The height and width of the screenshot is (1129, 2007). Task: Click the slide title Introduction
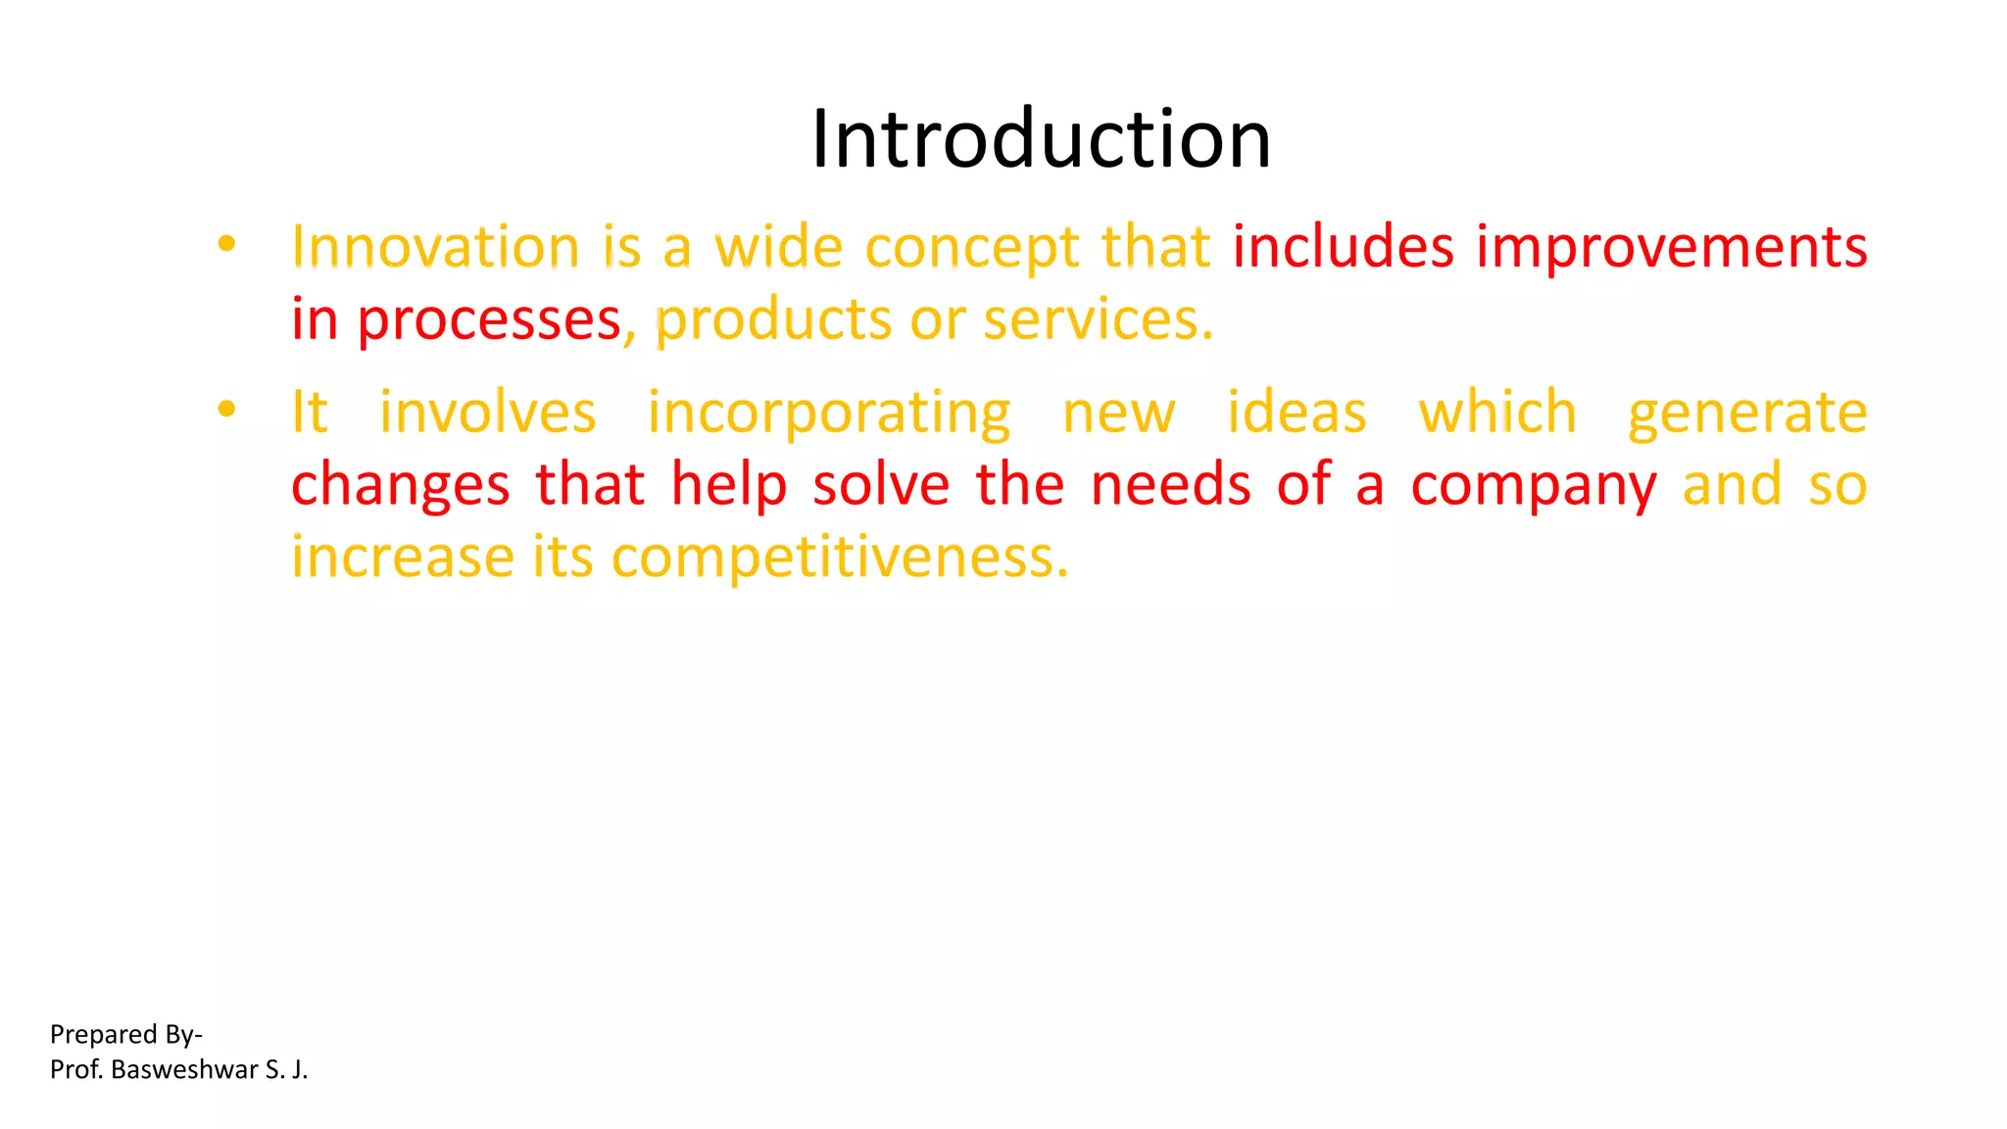(1041, 139)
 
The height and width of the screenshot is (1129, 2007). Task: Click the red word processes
(489, 319)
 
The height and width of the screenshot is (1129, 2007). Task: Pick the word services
(1098, 319)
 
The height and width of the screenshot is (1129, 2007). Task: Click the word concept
(972, 248)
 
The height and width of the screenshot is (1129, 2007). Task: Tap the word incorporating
(829, 414)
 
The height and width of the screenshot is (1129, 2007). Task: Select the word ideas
(1297, 412)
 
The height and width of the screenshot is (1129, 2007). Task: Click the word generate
(1747, 414)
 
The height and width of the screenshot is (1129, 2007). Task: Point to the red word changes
(401, 485)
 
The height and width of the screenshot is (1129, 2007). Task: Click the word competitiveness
(840, 558)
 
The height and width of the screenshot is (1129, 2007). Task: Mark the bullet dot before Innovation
(226, 244)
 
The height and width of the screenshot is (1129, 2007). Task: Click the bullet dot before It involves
(226, 410)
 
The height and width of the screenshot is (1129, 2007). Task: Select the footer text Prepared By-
(126, 1035)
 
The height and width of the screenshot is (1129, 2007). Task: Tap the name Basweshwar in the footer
(184, 1069)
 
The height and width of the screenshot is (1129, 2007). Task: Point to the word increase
(402, 557)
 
